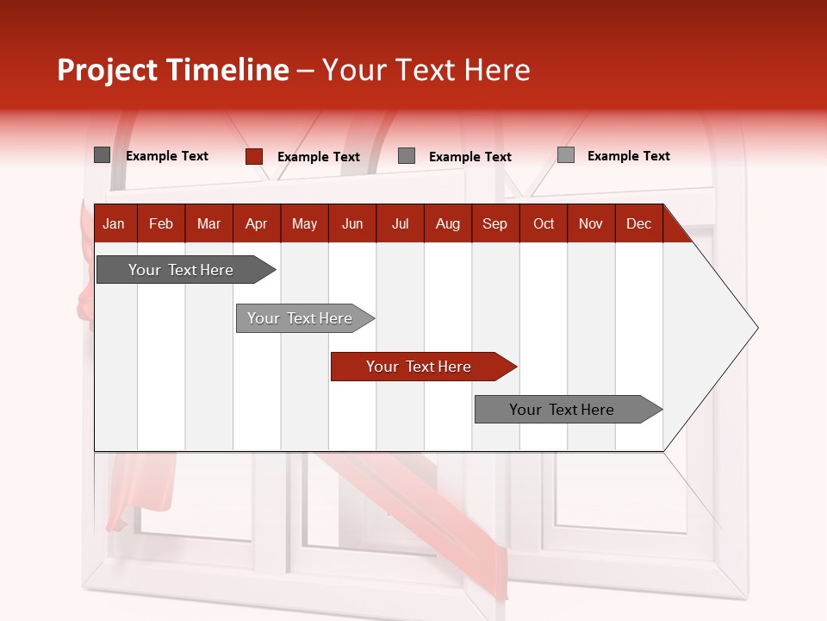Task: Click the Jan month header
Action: point(114,223)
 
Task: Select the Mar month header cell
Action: point(208,223)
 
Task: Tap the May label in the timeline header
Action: point(304,223)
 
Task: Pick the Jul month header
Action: point(400,223)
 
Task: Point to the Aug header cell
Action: point(447,223)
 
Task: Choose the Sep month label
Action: point(494,223)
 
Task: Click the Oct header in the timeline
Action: point(544,223)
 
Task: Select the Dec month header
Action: point(638,223)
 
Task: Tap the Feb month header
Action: point(161,223)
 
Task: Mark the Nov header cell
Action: point(591,223)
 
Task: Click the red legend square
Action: point(254,156)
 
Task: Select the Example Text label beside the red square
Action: point(319,157)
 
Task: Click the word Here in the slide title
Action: point(497,70)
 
